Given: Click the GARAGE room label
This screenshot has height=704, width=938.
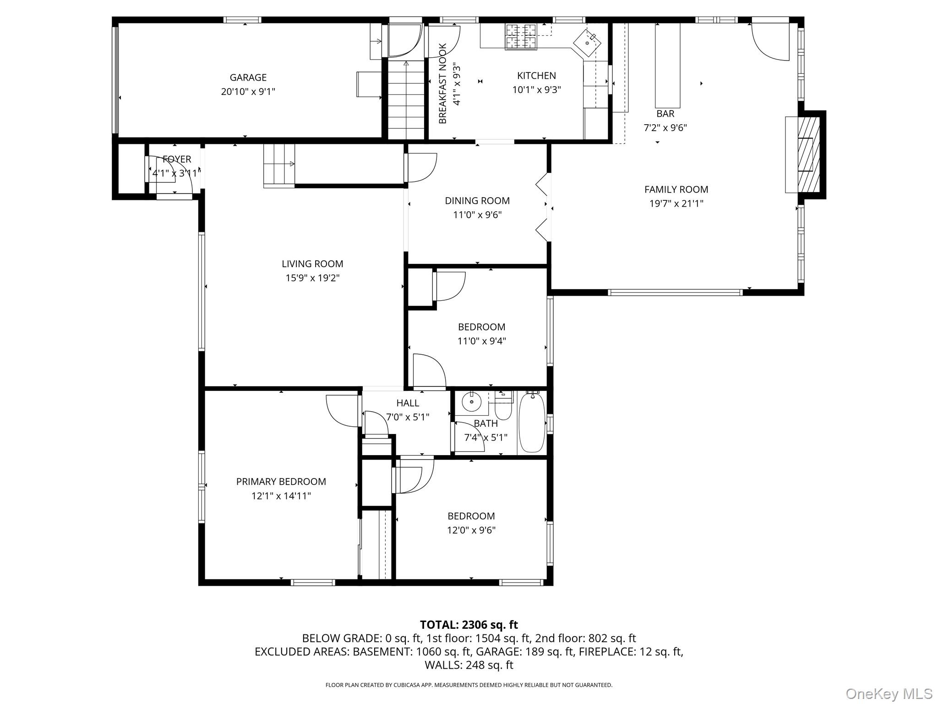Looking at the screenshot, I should pos(248,77).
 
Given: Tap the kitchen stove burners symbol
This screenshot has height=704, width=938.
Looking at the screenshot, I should pos(520,36).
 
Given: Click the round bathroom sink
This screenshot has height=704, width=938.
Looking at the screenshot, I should pos(470,402).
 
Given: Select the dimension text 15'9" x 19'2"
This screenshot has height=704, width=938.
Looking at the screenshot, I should pos(312,278).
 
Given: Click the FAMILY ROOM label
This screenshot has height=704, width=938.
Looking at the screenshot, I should pos(676,189).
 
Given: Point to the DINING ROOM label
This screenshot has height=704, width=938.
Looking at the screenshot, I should pos(477,200).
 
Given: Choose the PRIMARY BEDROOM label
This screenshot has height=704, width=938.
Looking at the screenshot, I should pos(281,481).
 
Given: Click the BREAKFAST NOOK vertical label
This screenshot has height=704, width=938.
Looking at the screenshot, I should pos(442,83).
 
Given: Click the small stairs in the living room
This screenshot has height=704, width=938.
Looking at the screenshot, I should pos(278,166).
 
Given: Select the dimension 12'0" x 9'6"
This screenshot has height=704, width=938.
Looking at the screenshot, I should pos(471,530).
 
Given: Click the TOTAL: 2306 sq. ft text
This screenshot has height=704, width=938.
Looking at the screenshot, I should pos(469,625).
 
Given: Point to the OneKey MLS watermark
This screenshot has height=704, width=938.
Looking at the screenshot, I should pos(889,694).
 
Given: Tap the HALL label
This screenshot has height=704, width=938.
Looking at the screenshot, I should pos(408,403).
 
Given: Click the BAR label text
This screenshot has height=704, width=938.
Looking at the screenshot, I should pos(665,114).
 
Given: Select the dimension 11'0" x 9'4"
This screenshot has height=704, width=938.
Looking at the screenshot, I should pos(481,341).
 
